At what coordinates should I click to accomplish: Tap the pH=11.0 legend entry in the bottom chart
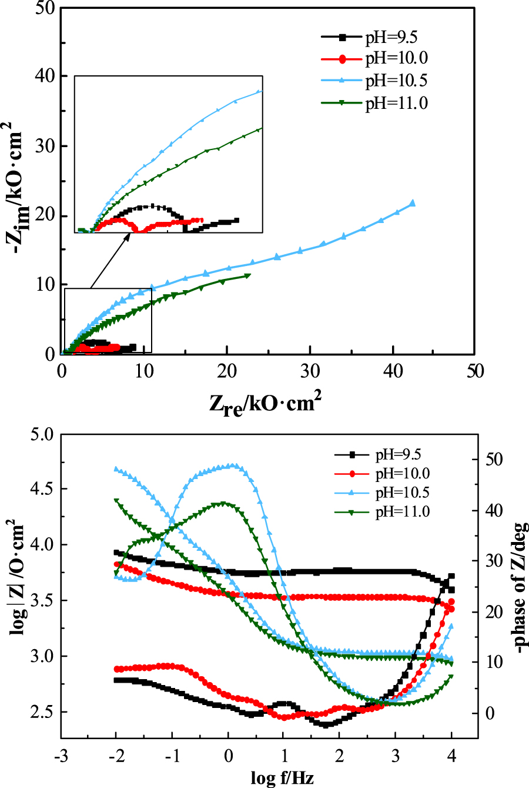click(x=401, y=511)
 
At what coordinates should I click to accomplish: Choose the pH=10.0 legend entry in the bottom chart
click(x=401, y=473)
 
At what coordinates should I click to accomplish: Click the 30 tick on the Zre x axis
click(x=309, y=370)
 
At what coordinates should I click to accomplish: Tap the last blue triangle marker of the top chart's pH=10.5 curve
click(x=412, y=203)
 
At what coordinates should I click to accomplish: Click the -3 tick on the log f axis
click(x=61, y=756)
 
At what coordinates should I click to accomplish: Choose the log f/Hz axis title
click(x=282, y=778)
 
